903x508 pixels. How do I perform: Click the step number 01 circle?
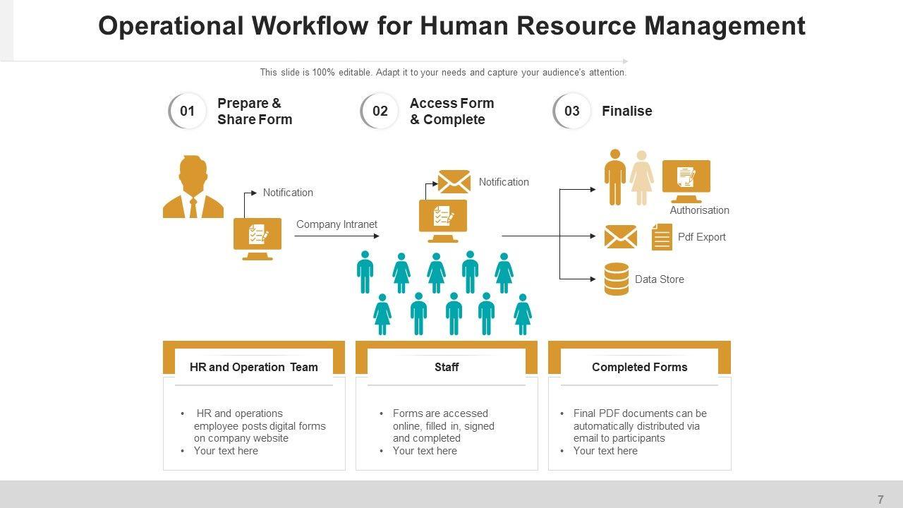click(x=187, y=111)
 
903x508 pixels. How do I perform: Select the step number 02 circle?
click(x=380, y=111)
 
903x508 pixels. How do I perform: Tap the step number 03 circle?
click(x=572, y=111)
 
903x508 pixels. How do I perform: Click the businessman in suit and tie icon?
click(x=193, y=187)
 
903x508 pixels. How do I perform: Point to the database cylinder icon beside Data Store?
click(x=617, y=279)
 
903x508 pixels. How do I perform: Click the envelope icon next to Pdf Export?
click(x=620, y=237)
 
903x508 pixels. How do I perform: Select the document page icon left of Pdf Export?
click(x=662, y=237)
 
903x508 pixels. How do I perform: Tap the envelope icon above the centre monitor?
click(x=454, y=182)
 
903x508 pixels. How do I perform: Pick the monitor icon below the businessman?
click(x=257, y=238)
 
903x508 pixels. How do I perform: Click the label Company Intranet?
click(x=337, y=224)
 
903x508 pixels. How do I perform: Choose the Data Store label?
click(x=659, y=279)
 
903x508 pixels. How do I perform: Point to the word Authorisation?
click(x=699, y=210)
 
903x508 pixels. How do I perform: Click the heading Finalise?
click(x=626, y=111)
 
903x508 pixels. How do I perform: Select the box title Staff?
click(x=447, y=367)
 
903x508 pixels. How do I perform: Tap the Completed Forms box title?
click(x=639, y=367)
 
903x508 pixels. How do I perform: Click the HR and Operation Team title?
click(x=253, y=367)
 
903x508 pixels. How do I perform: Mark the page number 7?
click(x=880, y=500)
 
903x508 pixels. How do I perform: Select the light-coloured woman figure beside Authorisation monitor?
click(x=641, y=178)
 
